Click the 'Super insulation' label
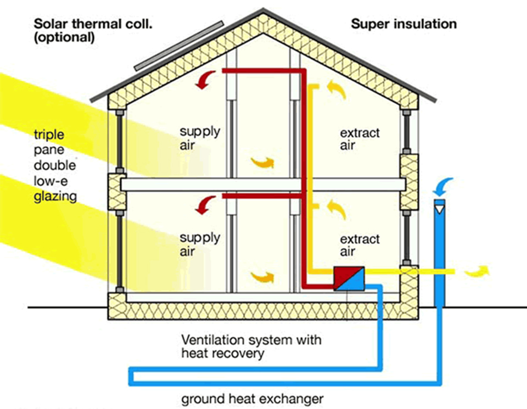(x=403, y=24)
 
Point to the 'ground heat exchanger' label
(x=253, y=399)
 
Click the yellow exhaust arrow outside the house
(x=475, y=271)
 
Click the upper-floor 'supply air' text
(x=200, y=138)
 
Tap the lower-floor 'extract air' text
(x=360, y=245)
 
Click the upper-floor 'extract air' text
(x=360, y=139)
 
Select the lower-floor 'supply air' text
(x=200, y=244)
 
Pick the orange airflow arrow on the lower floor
(x=262, y=276)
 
